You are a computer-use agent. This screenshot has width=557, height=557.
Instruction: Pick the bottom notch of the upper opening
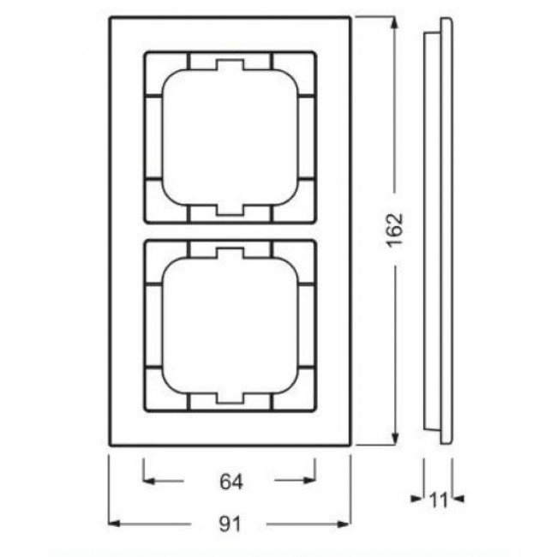pos(229,209)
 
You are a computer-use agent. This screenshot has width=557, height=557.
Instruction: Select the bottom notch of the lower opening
pos(229,397)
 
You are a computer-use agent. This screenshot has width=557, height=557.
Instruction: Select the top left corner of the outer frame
pos(109,16)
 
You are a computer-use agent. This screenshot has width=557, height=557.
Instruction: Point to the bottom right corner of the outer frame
pos(350,446)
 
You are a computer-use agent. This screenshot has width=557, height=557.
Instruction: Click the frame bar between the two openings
pos(229,231)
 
